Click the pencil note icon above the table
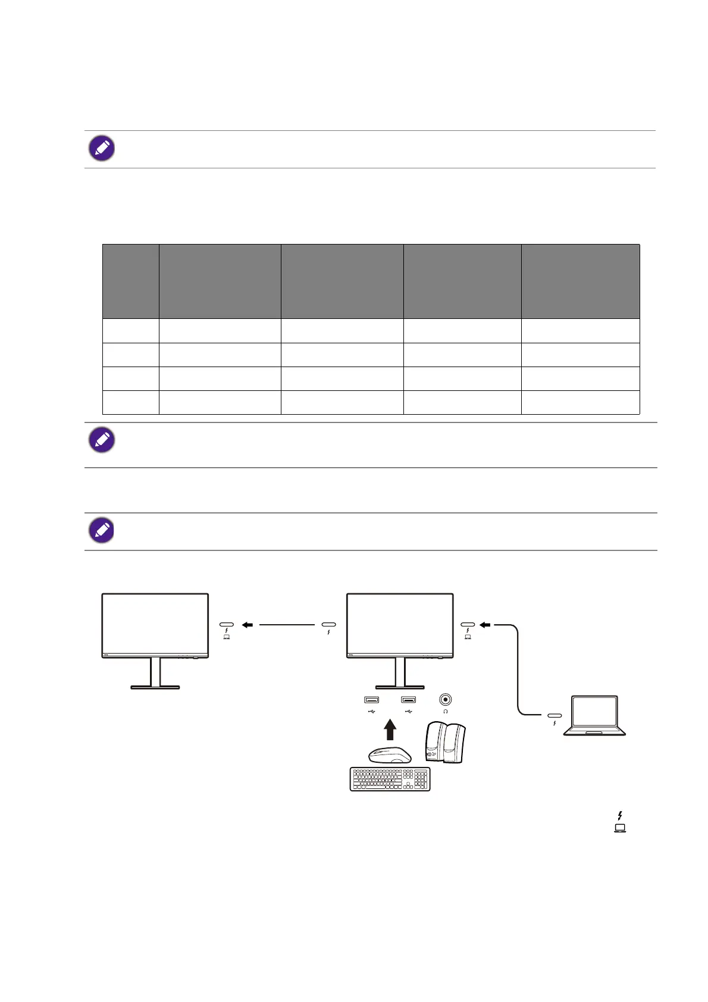tap(102, 148)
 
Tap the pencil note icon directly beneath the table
tap(102, 440)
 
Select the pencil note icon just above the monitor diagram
tap(102, 530)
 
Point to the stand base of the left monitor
tap(155, 687)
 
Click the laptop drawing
tap(594, 715)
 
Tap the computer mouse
tap(390, 754)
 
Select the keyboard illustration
tap(390, 779)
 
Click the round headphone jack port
tap(445, 700)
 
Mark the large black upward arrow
tap(390, 729)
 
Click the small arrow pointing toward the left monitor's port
tap(248, 625)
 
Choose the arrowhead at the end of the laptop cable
tap(485, 625)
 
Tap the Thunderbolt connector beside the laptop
tap(555, 715)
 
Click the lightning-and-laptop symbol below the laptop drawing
tap(620, 821)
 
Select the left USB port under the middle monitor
tap(372, 700)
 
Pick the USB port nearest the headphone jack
tap(409, 700)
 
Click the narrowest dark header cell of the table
tap(130, 281)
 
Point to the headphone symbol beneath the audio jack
tap(445, 711)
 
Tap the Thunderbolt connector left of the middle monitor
tap(328, 625)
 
